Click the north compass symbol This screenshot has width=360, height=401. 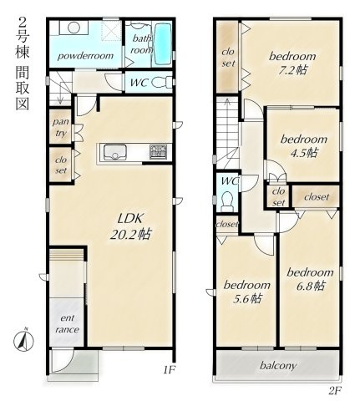click(x=23, y=340)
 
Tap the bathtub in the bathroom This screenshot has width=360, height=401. click(x=163, y=43)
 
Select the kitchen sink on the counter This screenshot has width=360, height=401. click(x=115, y=153)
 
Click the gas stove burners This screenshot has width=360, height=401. click(x=158, y=152)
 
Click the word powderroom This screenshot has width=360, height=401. click(x=85, y=56)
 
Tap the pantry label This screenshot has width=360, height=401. click(x=61, y=128)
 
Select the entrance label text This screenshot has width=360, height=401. click(x=67, y=324)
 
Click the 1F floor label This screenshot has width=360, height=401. click(x=170, y=370)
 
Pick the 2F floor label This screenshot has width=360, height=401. click(x=335, y=391)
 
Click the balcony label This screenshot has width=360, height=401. click(x=278, y=366)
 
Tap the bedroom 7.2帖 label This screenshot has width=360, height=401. click(x=292, y=63)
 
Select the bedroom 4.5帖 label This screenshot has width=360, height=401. click(x=304, y=145)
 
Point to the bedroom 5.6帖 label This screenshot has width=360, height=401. click(x=247, y=292)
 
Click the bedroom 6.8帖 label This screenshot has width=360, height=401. click(x=310, y=279)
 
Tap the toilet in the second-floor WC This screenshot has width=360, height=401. click(x=227, y=201)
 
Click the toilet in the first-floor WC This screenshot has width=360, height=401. click(x=162, y=82)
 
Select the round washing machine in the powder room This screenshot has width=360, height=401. click(x=74, y=28)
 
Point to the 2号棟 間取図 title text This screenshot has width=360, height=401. click(x=23, y=63)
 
